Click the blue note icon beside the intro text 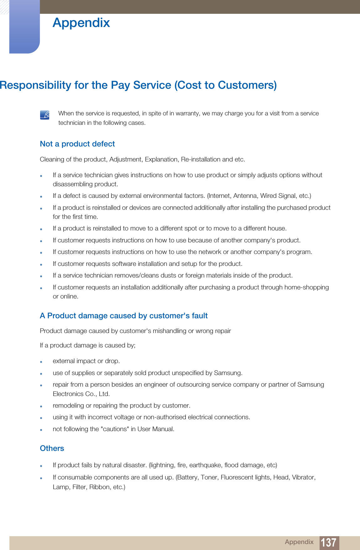coord(45,115)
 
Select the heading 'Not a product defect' coord(77,144)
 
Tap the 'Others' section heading coord(52,448)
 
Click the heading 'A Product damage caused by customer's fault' coord(124,316)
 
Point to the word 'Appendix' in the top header coord(81,23)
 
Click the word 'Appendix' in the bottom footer coord(299,542)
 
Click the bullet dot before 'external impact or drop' coord(41,362)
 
